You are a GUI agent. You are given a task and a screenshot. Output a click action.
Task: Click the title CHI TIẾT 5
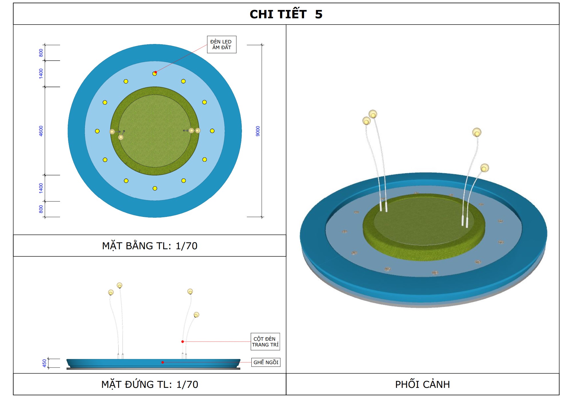coord(286,14)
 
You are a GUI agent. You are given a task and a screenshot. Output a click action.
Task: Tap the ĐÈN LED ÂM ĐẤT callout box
coord(221,45)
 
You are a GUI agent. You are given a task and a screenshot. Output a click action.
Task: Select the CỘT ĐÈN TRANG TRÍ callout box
coord(265,342)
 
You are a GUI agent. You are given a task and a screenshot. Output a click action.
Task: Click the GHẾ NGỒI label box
coord(265,362)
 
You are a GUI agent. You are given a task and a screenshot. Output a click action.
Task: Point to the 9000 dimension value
coord(258,131)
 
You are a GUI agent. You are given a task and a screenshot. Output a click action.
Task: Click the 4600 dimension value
coord(41,131)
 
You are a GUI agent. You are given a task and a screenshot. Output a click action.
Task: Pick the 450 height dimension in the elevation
coord(44,363)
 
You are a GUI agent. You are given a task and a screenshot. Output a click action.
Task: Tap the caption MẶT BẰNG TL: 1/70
coord(150,246)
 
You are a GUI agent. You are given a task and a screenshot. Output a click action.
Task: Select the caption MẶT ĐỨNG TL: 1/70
coord(150,384)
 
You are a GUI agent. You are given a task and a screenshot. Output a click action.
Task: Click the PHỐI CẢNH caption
coord(422,384)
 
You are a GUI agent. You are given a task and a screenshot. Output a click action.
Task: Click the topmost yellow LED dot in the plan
coord(154,74)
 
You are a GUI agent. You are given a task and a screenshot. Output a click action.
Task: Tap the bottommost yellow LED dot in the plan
coord(155,188)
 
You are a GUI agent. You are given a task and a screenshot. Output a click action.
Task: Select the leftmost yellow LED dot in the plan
coord(97,131)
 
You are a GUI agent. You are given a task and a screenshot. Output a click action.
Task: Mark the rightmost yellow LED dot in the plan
coord(212,131)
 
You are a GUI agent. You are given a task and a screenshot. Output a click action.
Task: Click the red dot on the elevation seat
coord(163,362)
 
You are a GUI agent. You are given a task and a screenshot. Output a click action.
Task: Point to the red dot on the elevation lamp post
coord(182,342)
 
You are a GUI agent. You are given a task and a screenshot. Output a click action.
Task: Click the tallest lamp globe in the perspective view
coord(373,114)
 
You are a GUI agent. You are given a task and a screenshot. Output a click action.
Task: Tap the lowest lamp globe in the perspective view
coord(484,168)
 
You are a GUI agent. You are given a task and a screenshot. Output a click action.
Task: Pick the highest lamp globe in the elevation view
coord(120,285)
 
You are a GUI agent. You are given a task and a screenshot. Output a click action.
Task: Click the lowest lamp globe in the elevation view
coord(196,315)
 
